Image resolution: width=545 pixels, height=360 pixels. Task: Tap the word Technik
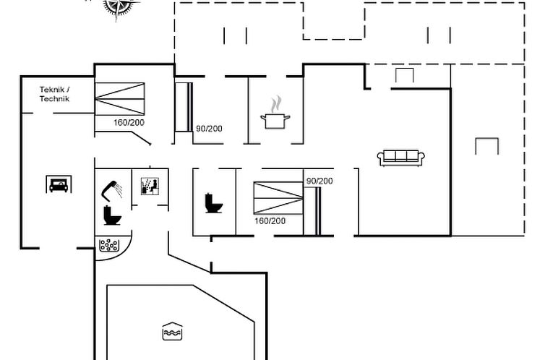[x=54, y=99]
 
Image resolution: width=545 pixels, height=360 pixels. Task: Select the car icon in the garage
[x=59, y=184]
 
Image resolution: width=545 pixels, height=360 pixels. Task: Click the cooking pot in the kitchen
[x=275, y=121]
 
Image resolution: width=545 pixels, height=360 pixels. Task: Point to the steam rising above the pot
[x=276, y=104]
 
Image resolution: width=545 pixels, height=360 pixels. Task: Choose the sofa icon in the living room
[x=401, y=158]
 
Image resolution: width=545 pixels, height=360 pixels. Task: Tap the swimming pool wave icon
[x=173, y=331]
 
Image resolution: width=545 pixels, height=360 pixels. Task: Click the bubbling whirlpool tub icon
[x=109, y=244]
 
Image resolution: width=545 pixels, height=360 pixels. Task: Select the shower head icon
[x=111, y=189]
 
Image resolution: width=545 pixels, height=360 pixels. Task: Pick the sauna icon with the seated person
[x=150, y=187]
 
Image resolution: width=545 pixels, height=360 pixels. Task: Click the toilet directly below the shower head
[x=112, y=215]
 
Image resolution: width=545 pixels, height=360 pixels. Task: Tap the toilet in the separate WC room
[x=213, y=203]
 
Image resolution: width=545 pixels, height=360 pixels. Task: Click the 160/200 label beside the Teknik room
[x=129, y=123]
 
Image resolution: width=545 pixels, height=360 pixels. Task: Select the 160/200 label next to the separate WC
[x=270, y=221]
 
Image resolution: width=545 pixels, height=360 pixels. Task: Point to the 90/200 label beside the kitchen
[x=209, y=129]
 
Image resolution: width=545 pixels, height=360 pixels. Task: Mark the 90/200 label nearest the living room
[x=319, y=181]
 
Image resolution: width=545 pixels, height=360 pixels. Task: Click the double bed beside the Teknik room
[x=119, y=99]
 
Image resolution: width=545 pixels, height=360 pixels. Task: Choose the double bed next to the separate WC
[x=278, y=198]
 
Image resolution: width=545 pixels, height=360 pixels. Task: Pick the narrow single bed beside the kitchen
[x=184, y=107]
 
